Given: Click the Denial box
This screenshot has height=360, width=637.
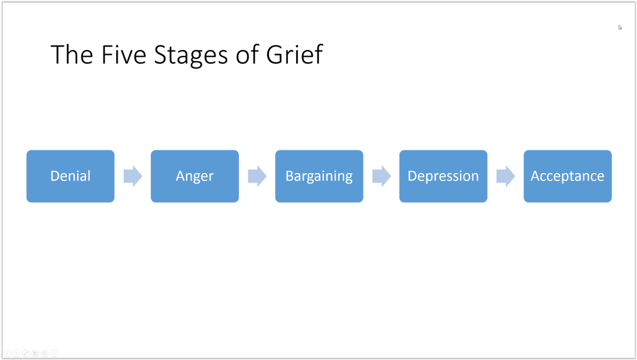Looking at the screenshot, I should click(x=71, y=176).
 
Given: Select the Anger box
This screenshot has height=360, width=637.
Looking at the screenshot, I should click(x=195, y=176).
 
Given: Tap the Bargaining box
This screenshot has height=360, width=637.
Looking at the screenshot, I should click(x=319, y=176).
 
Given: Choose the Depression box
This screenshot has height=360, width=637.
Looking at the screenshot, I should click(x=443, y=176).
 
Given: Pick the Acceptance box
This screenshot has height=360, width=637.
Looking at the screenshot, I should click(x=567, y=176).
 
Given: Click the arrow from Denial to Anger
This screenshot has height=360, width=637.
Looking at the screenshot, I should click(x=133, y=176).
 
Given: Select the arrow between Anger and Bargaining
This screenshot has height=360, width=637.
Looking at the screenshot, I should click(x=257, y=176).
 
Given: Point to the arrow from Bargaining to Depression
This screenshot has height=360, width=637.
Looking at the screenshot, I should click(x=381, y=176).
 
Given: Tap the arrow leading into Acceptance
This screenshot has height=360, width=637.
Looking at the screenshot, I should click(x=505, y=176).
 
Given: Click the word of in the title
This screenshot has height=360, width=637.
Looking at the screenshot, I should click(x=245, y=55).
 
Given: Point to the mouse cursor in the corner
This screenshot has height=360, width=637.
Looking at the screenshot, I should click(x=620, y=27).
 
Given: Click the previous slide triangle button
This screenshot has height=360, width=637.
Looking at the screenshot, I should click(x=7, y=353).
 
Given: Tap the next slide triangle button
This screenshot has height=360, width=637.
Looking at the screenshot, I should click(x=16, y=353).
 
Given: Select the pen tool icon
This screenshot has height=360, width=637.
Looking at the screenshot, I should click(x=25, y=353).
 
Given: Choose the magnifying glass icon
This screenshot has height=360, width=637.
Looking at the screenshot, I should click(x=45, y=353).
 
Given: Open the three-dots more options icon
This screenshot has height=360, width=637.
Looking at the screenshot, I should click(x=54, y=353).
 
